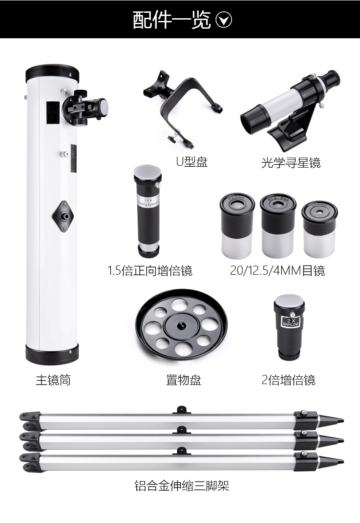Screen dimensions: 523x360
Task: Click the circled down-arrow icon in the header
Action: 224,20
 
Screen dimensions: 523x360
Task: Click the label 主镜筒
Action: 53,379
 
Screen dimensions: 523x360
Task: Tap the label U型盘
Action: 192,162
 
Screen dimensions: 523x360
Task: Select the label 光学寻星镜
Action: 291,163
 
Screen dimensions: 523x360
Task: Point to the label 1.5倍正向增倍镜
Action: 150,271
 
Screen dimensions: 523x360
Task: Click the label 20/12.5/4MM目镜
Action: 278,271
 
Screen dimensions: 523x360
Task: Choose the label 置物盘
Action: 183,379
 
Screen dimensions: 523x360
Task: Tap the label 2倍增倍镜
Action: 288,379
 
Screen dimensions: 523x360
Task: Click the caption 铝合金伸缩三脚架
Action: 181,486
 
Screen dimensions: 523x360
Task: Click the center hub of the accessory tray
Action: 180,325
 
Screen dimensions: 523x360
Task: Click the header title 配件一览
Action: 172,20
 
